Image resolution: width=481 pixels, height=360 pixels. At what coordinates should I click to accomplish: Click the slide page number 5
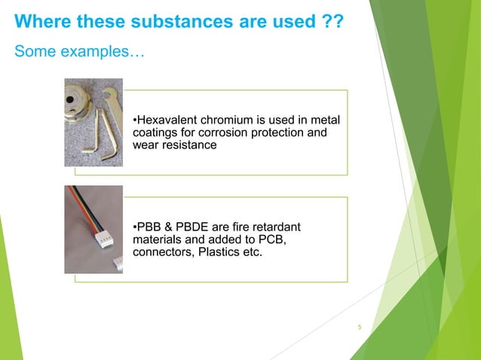pyautogui.click(x=360, y=327)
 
